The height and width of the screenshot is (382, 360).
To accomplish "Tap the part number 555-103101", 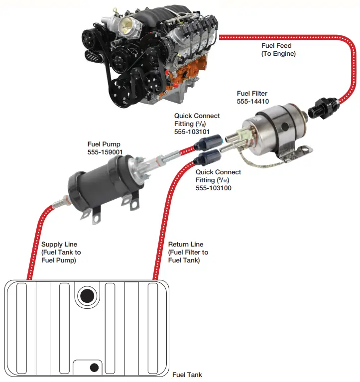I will [x=192, y=132].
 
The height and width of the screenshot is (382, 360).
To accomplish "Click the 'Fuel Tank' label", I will [x=187, y=375].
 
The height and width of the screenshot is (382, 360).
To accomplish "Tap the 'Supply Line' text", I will [x=59, y=245].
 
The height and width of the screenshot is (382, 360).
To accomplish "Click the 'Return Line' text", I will [x=185, y=245].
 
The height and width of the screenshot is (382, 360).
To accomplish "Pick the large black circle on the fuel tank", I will [x=87, y=296].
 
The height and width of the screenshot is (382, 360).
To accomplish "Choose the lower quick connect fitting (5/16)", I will [x=205, y=160].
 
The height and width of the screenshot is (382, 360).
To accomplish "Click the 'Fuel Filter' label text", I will [x=252, y=93].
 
